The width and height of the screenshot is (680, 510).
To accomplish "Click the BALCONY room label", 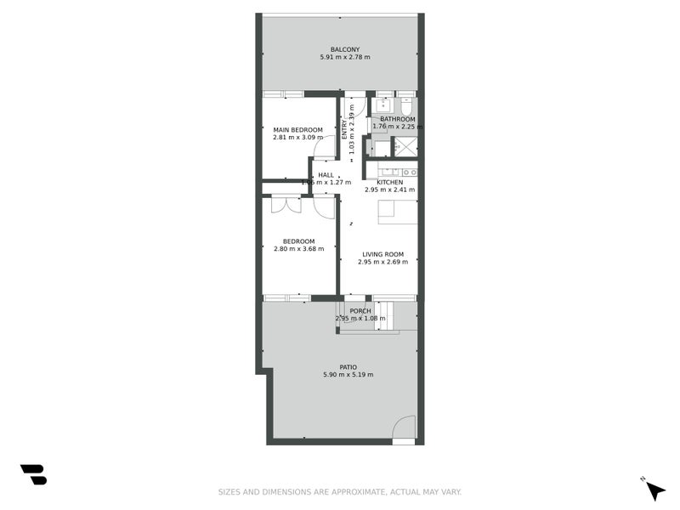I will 344,48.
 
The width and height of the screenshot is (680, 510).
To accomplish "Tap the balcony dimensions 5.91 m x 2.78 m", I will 344,57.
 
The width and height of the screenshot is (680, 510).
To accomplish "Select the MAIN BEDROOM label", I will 297,129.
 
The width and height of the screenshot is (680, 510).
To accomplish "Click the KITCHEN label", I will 389,182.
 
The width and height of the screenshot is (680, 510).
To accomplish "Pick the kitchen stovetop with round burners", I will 408,171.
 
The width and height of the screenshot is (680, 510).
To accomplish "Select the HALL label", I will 326,174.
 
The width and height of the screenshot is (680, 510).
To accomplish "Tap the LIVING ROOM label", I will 382,254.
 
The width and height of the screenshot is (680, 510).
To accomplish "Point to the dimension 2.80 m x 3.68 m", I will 297,249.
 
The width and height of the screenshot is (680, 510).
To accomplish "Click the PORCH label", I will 360,311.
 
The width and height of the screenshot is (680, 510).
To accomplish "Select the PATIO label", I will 348,366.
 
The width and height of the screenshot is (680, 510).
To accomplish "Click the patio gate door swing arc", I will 405,428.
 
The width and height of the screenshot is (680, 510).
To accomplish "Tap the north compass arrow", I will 654,490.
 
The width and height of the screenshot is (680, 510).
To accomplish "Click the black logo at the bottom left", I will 33,474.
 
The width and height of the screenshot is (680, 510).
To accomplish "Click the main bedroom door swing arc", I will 325,148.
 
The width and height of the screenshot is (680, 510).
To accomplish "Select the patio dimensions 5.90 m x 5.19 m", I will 348,375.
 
